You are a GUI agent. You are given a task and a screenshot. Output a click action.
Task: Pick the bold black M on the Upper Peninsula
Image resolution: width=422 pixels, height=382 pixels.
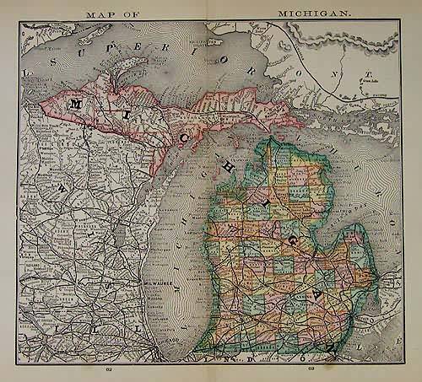click(x=77, y=104)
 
